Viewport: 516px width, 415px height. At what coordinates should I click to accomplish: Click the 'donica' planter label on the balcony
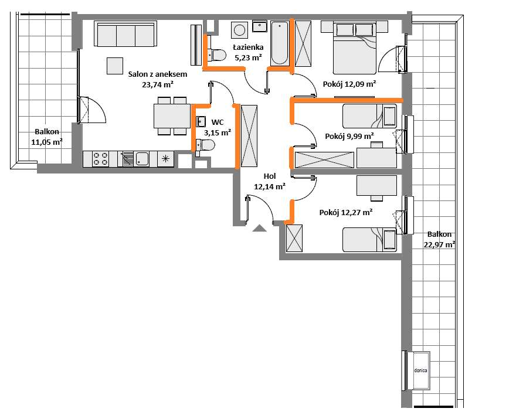[x=420, y=370]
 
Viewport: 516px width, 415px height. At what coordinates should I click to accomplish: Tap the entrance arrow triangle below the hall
[x=259, y=228]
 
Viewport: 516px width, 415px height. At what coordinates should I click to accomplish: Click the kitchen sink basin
[x=142, y=159]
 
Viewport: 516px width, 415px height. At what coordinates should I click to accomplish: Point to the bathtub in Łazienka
[x=280, y=43]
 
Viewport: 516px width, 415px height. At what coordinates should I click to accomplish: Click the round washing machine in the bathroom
[x=239, y=30]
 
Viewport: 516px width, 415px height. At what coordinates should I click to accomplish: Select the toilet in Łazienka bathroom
[x=216, y=55]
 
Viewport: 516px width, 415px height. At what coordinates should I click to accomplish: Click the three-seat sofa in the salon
[x=125, y=34]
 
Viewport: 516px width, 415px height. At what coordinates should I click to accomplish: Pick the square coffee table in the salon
[x=115, y=66]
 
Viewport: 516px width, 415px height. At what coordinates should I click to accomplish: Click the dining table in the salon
[x=172, y=115]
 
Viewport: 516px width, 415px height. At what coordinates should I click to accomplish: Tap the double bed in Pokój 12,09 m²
[x=354, y=47]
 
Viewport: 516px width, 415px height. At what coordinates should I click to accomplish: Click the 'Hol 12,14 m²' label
[x=270, y=182]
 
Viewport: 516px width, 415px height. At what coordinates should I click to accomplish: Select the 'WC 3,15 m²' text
[x=218, y=128]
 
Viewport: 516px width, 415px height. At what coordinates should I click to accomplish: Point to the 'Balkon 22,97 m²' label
[x=440, y=239]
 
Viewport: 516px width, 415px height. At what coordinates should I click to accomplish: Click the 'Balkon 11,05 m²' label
[x=47, y=137]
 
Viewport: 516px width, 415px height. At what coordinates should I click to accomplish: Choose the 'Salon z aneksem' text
[x=158, y=74]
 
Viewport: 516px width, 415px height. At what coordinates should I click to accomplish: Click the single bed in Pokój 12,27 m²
[x=370, y=240]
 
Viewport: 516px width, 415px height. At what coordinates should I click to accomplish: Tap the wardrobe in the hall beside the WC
[x=249, y=136]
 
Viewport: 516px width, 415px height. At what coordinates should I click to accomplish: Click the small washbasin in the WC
[x=201, y=121]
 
